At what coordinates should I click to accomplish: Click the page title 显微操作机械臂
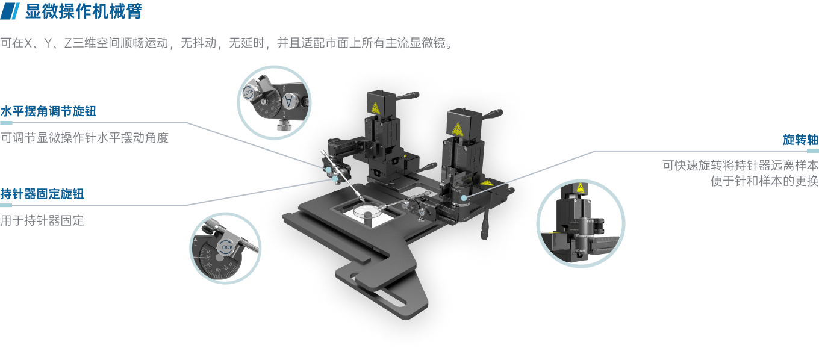coord(83,11)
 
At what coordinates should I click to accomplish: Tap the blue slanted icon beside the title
coord(10,11)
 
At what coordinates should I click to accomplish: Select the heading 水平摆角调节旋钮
coord(48,111)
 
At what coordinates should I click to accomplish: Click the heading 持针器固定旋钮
coord(42,194)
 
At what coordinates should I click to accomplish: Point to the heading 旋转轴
coord(800,140)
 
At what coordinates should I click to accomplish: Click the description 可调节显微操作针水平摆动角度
coord(84,138)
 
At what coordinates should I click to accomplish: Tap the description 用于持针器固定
coord(42,220)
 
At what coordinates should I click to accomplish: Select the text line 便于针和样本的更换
coord(764,181)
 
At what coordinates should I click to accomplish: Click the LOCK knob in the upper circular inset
coord(248,93)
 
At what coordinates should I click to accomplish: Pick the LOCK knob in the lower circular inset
coord(226,247)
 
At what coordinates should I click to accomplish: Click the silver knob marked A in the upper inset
coord(289,101)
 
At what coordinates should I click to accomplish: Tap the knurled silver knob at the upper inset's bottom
coord(284,126)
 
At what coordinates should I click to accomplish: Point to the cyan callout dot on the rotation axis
coord(464,198)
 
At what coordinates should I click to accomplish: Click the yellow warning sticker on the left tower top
coord(375,108)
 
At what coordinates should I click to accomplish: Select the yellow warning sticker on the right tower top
coord(457,129)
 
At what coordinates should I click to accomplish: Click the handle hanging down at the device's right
coord(485,226)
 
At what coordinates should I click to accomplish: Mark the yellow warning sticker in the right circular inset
coord(580,188)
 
